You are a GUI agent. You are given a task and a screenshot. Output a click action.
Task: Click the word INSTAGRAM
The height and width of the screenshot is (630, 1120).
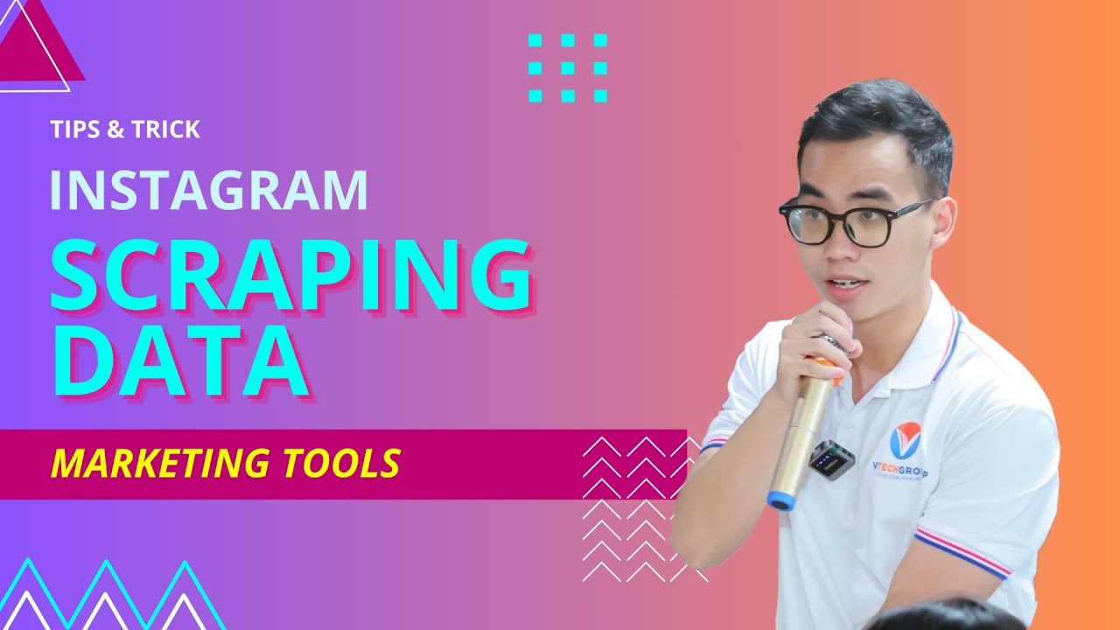tap(208, 190)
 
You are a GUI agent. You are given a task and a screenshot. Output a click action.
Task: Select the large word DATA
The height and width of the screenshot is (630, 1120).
tap(179, 360)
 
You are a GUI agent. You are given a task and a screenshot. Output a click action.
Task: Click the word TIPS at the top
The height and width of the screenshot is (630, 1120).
tap(74, 129)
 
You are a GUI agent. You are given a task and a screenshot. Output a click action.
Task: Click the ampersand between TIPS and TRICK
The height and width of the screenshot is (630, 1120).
tap(115, 129)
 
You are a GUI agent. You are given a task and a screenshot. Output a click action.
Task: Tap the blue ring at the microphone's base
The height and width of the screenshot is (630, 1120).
tap(781, 500)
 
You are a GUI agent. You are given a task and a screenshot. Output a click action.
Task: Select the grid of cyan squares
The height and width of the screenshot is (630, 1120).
tap(568, 67)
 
